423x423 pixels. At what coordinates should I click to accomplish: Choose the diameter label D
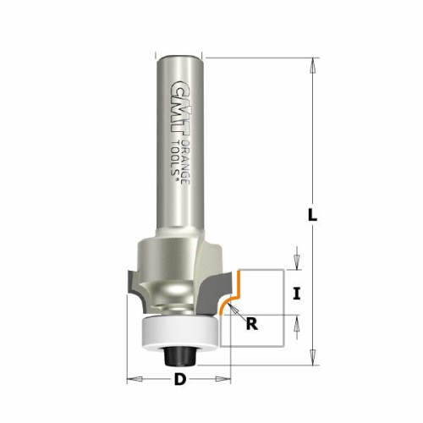179,379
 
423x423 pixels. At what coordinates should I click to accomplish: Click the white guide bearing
179,331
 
